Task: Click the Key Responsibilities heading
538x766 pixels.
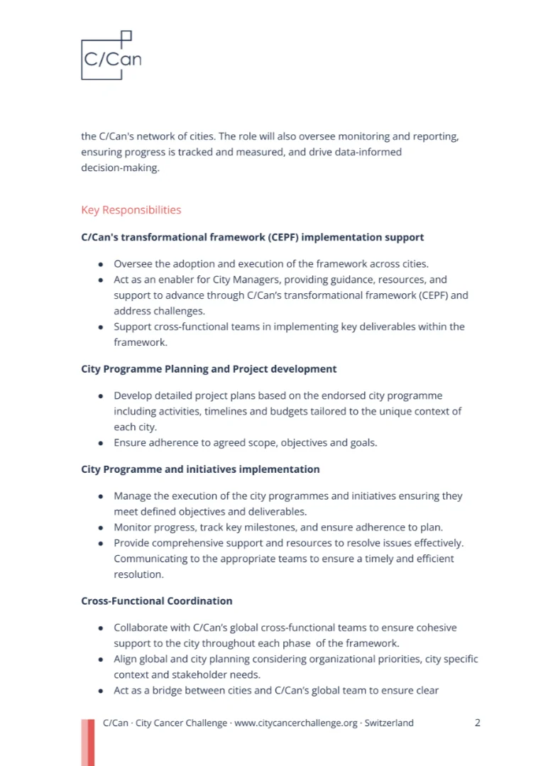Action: click(x=131, y=210)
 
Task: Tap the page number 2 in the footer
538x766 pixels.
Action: click(x=478, y=723)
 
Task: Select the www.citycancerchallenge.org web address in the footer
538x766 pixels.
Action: click(x=295, y=723)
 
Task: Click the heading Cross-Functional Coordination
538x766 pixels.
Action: click(x=157, y=601)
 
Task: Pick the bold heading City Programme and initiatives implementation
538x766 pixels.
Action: click(x=200, y=469)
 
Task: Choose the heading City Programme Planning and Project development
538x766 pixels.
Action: click(x=209, y=369)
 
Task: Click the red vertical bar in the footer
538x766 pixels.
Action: click(x=87, y=742)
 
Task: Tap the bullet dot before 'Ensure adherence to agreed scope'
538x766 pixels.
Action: click(x=100, y=443)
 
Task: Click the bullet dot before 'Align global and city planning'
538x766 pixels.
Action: click(x=100, y=660)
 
